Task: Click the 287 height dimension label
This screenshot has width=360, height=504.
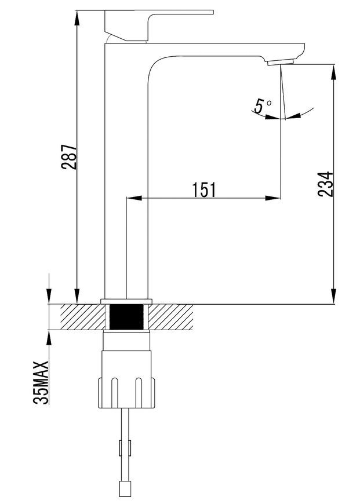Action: pos(70,157)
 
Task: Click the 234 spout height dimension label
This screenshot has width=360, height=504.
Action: pos(326,184)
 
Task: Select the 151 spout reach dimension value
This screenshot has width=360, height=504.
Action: pos(205,190)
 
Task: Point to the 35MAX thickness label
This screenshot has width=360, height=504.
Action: pos(41,382)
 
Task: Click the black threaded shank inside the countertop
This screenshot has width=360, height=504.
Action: pos(126,317)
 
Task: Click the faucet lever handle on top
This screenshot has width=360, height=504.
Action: pos(159,25)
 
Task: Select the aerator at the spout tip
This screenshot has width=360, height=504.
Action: pos(281,62)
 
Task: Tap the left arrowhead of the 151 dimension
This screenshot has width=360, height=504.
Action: pos(134,198)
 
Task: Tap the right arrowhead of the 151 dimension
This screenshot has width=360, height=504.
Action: pos(272,198)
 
